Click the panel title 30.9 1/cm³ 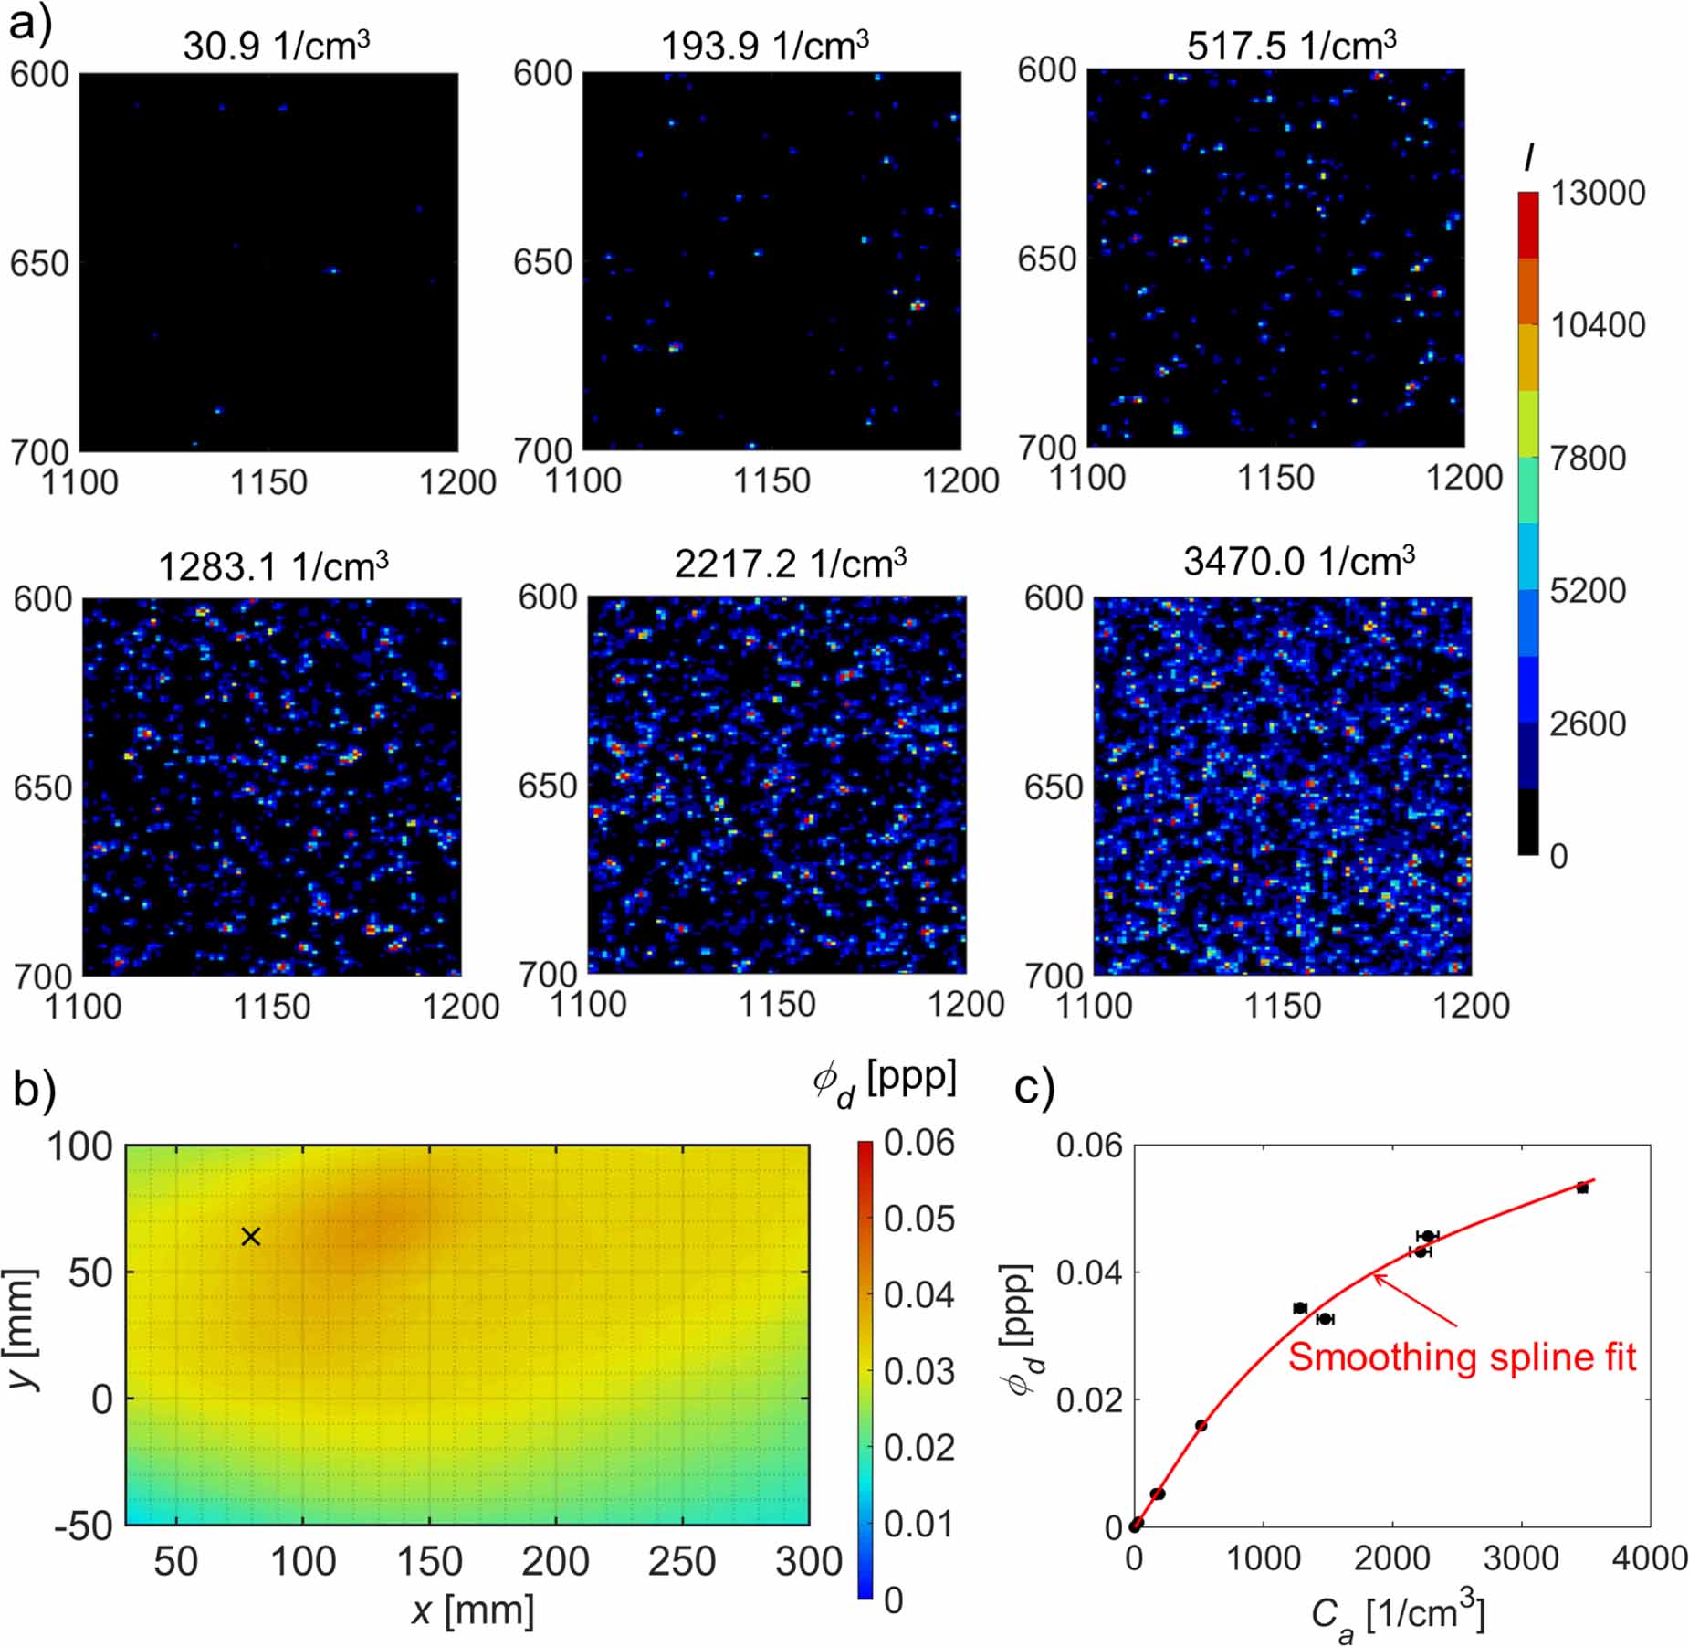(x=276, y=46)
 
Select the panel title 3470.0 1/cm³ (x=1298, y=561)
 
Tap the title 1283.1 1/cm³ (x=273, y=566)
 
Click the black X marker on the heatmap (x=251, y=1237)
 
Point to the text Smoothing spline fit (x=1461, y=1357)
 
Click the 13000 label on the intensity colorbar (x=1597, y=193)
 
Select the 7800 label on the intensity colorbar (x=1588, y=458)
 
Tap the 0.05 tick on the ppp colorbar (x=918, y=1219)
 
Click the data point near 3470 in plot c (x=1582, y=1188)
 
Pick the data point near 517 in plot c (x=1201, y=1425)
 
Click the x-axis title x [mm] (x=472, y=1610)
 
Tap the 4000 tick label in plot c (x=1649, y=1558)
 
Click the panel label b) (x=35, y=1090)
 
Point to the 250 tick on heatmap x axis (x=682, y=1561)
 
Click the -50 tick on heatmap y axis (x=83, y=1525)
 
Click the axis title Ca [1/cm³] (x=1397, y=1615)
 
